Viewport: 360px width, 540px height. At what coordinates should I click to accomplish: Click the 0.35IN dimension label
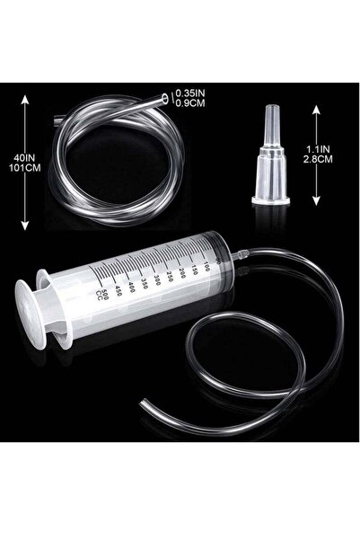point(191,93)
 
